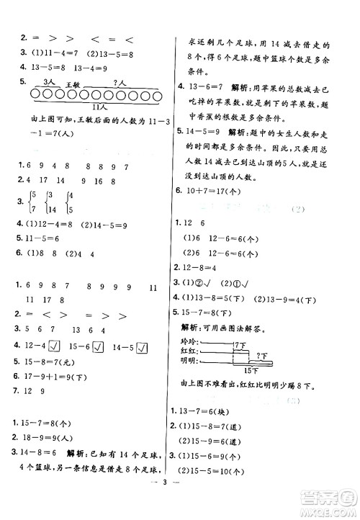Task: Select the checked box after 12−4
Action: (64, 348)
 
